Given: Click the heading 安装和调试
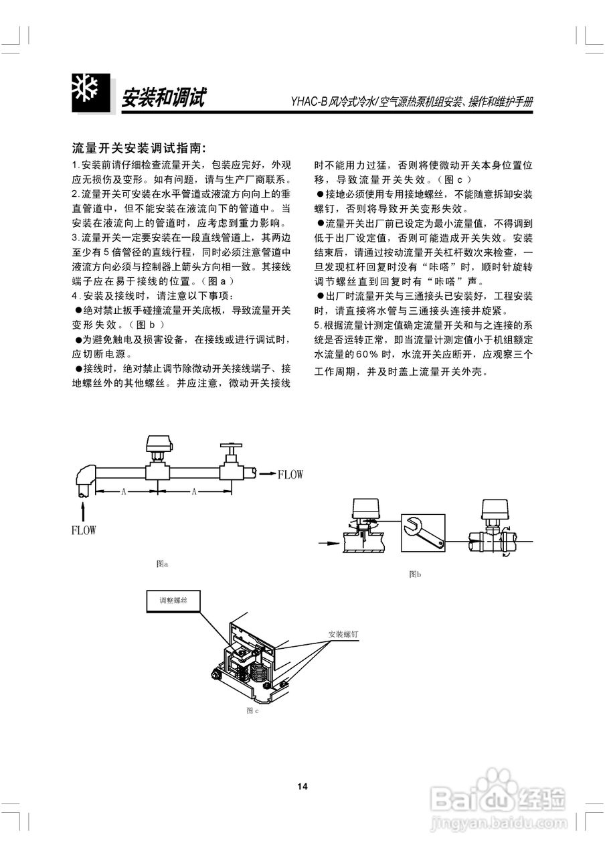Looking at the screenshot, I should pyautogui.click(x=163, y=98).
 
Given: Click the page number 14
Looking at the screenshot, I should pyautogui.click(x=302, y=786).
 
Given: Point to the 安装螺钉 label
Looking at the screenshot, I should pyautogui.click(x=343, y=633).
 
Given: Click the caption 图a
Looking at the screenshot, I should pyautogui.click(x=161, y=564).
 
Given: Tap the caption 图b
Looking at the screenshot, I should pyautogui.click(x=415, y=574).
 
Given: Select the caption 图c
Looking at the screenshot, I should pyautogui.click(x=252, y=710).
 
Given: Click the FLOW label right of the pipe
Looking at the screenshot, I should pyautogui.click(x=290, y=475).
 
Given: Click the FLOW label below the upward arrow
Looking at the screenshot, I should pyautogui.click(x=84, y=530).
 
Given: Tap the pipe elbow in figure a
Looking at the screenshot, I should pyautogui.click(x=84, y=477).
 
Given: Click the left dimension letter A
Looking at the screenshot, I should pyautogui.click(x=124, y=491).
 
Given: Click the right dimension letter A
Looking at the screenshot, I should pyautogui.click(x=194, y=491).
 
